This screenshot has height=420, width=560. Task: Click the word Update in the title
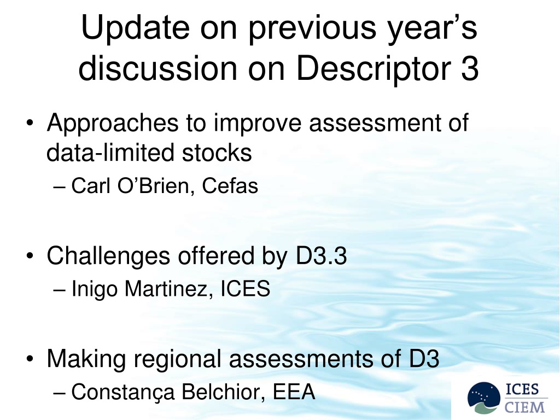(x=136, y=28)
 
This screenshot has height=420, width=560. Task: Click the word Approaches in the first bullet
(x=113, y=124)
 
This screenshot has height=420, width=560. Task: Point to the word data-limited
(x=110, y=153)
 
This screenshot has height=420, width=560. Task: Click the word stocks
(x=217, y=153)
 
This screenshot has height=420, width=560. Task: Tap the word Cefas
(x=230, y=186)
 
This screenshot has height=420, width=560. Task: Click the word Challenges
(x=108, y=256)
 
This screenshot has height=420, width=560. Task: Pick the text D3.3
(x=321, y=256)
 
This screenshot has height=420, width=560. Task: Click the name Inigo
(x=94, y=289)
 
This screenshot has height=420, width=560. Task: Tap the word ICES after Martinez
(x=246, y=289)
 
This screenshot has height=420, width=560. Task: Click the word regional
(x=178, y=359)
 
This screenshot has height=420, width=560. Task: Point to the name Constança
(x=123, y=392)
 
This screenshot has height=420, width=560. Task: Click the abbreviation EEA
(x=294, y=392)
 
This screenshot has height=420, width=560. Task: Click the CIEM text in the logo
(x=524, y=407)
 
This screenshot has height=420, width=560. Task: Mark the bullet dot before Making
(x=30, y=359)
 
